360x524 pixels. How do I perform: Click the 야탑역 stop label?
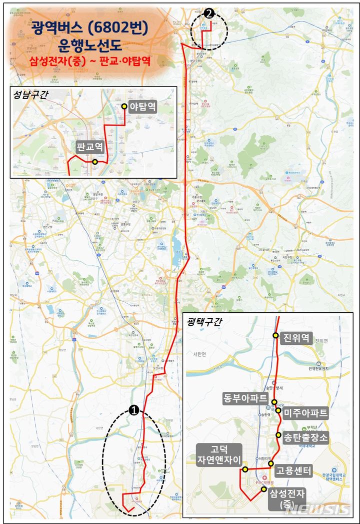point(143,107)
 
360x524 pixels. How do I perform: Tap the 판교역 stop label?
point(90,147)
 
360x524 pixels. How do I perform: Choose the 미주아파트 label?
point(305,413)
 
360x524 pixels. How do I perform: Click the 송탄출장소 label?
point(306,437)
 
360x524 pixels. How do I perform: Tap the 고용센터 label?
point(294,471)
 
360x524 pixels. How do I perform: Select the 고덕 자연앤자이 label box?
point(219,454)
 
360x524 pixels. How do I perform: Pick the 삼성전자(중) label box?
point(287,499)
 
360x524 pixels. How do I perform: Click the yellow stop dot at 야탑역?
point(124,106)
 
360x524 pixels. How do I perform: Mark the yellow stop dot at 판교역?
point(94,162)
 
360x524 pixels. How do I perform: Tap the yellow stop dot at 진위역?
point(275,335)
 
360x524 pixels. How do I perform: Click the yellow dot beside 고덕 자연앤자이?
point(245,469)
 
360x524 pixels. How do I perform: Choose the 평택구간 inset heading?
point(203,322)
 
